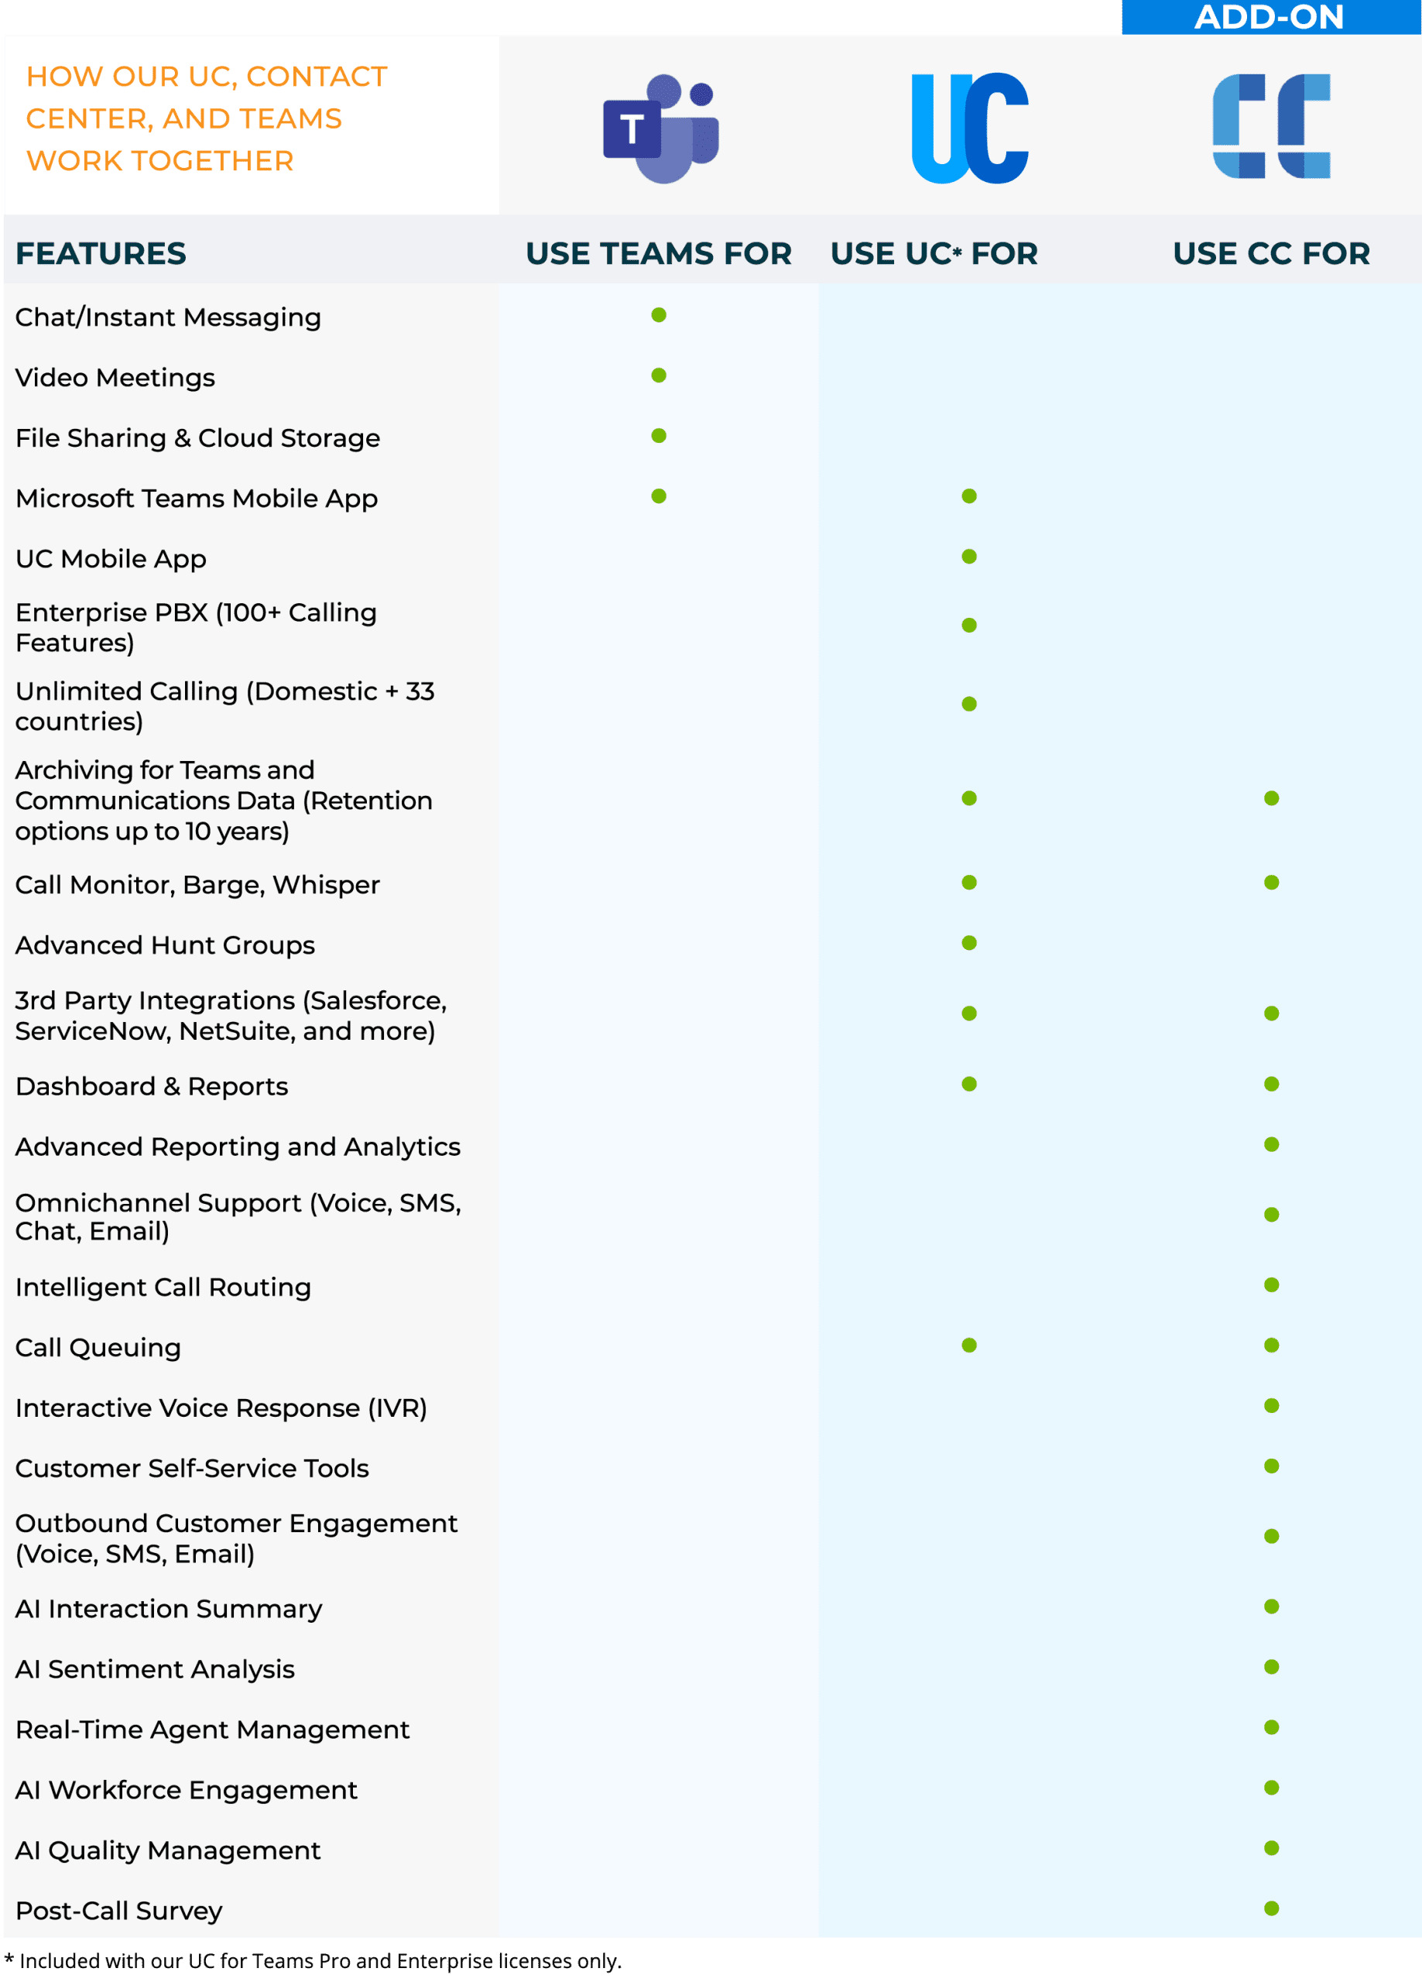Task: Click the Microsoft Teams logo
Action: (661, 129)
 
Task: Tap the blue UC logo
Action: (969, 129)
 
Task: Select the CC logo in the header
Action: (1271, 127)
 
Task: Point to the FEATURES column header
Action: (101, 253)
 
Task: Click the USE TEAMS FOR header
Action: (658, 253)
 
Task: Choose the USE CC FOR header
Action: (1271, 253)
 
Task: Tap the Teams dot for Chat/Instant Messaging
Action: (659, 314)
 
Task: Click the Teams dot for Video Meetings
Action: (659, 375)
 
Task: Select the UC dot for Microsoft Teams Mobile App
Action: (969, 496)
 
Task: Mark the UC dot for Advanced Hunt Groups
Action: (969, 943)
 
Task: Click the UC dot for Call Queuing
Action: (969, 1345)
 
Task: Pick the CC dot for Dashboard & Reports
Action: (1272, 1084)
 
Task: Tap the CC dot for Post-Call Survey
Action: (1272, 1908)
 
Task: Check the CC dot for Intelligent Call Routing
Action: (1272, 1284)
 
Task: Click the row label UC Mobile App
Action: (111, 558)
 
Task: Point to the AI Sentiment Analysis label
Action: (155, 1669)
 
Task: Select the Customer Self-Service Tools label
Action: (192, 1468)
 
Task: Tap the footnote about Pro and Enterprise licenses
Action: (314, 1961)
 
